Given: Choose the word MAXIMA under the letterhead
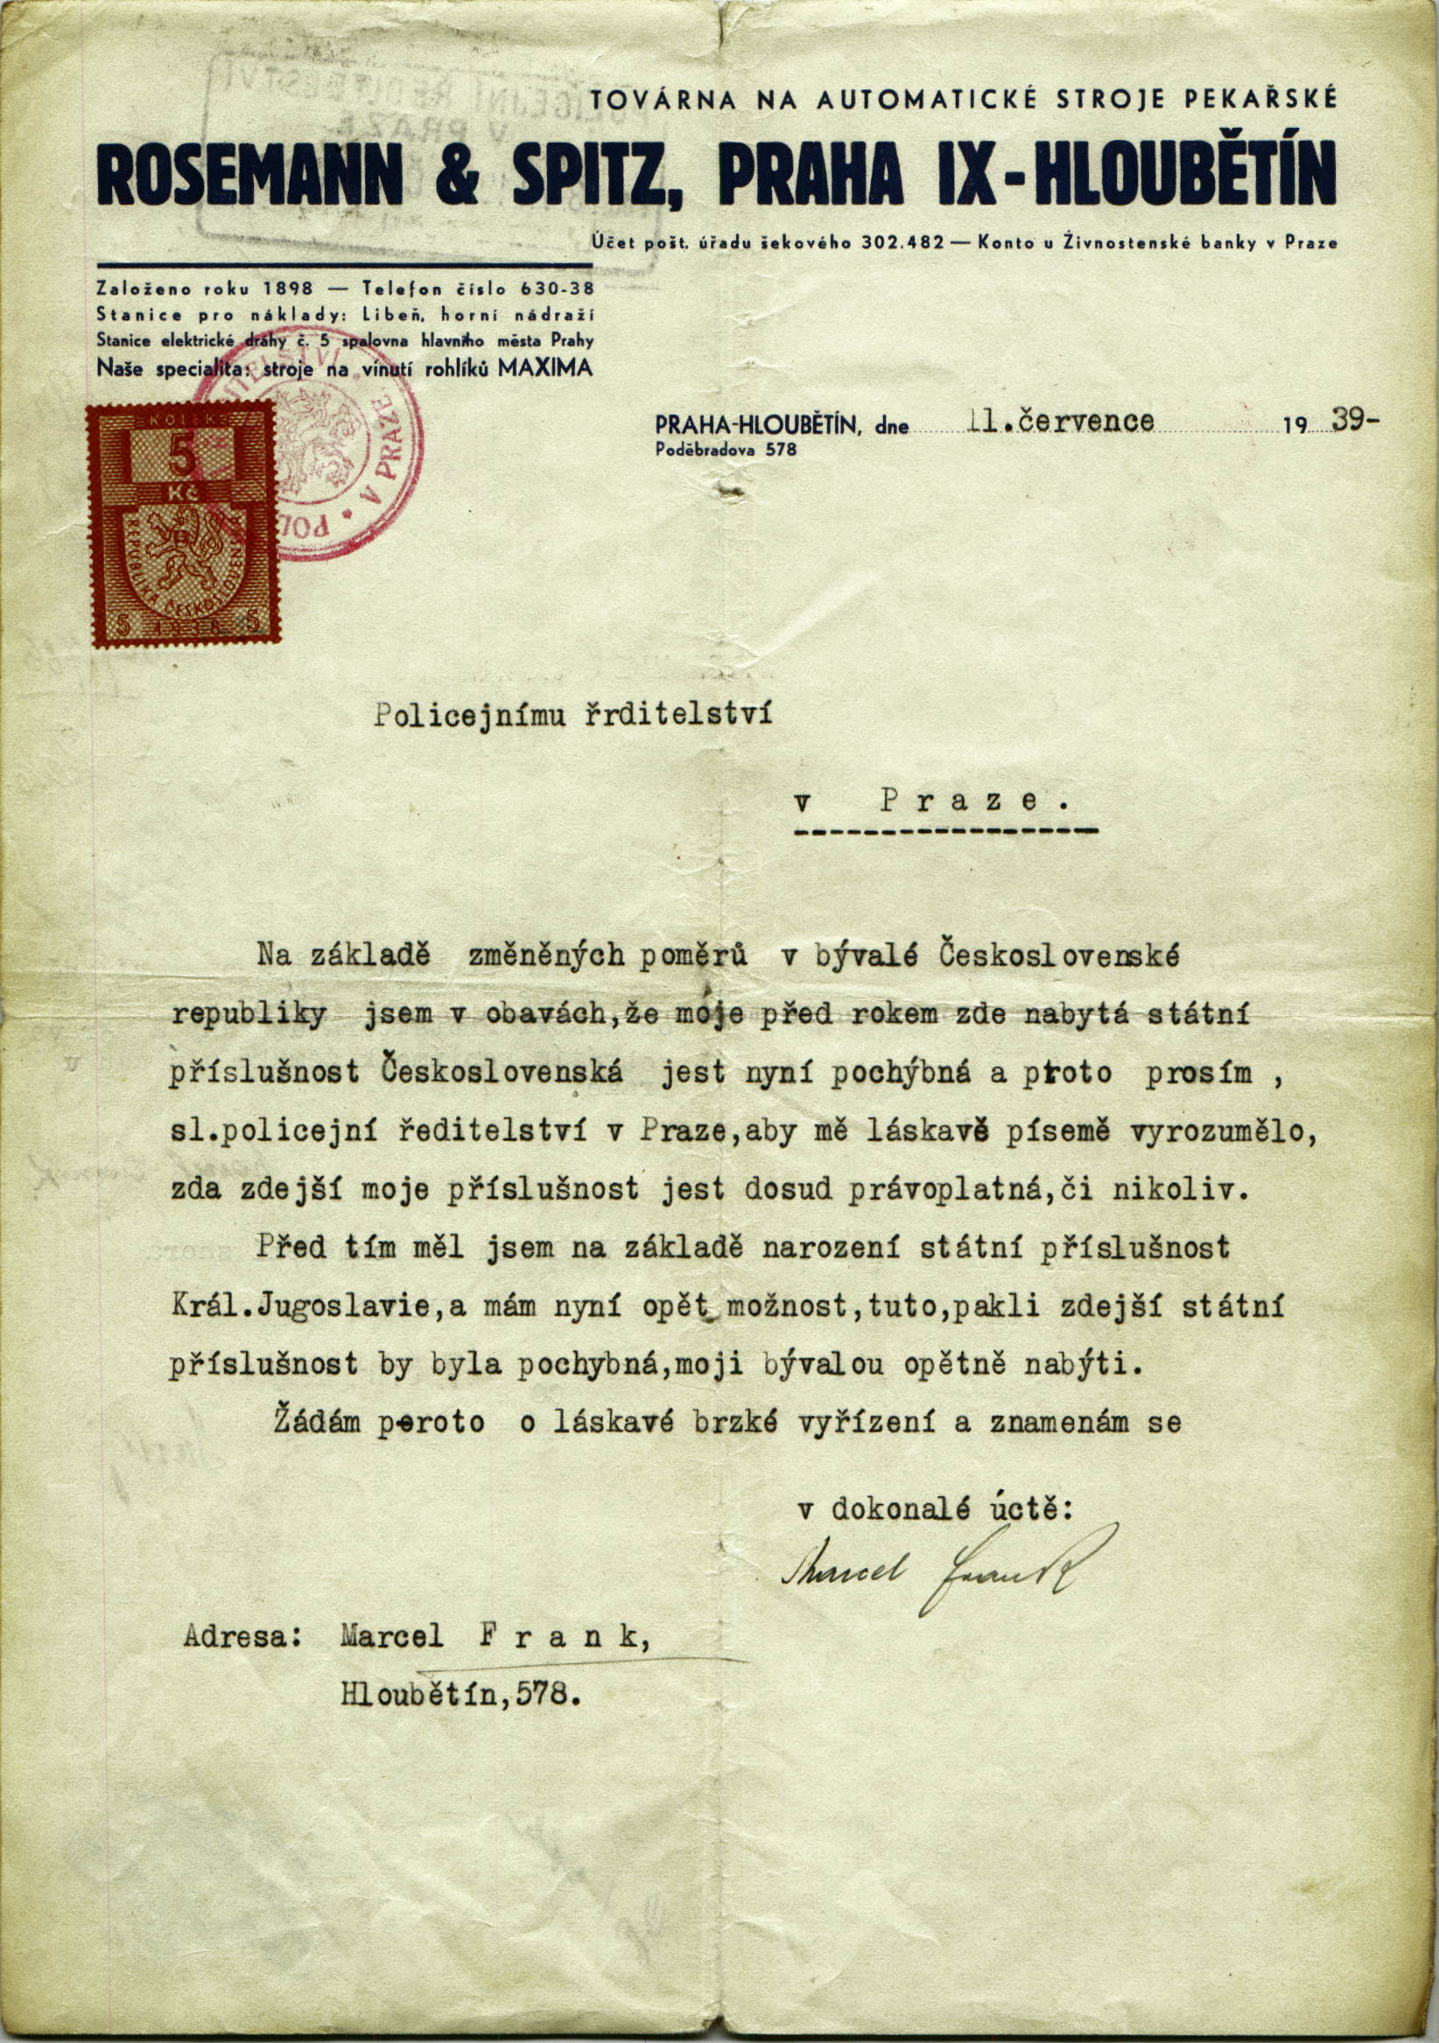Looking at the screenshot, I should coord(545,368).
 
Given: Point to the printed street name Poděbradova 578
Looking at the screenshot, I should coord(726,451).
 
